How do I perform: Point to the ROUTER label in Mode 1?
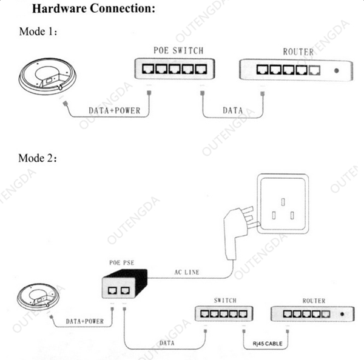pyautogui.click(x=298, y=52)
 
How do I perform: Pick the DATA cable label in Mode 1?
pyautogui.click(x=232, y=111)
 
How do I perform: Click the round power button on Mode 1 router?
pyautogui.click(x=337, y=70)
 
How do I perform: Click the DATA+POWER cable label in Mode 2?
pyautogui.click(x=85, y=321)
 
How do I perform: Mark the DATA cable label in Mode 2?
pyautogui.click(x=167, y=343)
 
